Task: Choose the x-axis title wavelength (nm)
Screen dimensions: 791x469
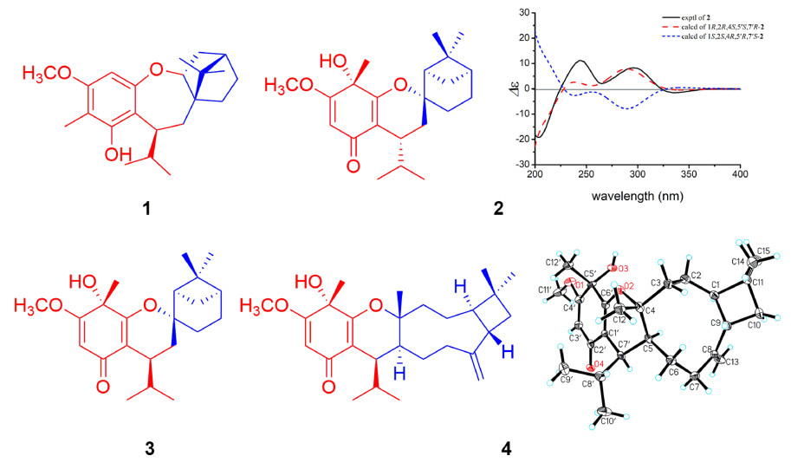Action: [x=637, y=196]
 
